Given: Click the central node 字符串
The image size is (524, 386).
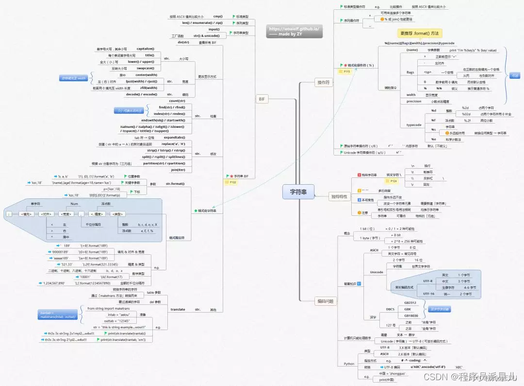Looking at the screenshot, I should [298, 192].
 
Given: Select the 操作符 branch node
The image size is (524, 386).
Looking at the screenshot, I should [323, 83].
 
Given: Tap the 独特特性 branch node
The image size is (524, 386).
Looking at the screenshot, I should [339, 196].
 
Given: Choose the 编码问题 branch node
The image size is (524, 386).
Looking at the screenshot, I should [325, 301].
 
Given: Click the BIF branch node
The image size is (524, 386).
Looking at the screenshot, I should [262, 99].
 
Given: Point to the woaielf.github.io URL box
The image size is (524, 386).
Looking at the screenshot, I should [294, 32].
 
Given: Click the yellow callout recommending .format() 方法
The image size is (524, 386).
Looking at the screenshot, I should [420, 33].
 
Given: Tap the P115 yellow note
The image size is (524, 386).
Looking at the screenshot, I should [347, 71].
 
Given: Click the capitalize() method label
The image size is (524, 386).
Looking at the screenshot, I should [145, 49].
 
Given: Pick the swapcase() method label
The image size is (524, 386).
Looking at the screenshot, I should [146, 68].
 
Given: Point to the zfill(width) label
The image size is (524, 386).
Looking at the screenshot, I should [148, 88].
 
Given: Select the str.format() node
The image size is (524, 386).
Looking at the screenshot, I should [175, 184].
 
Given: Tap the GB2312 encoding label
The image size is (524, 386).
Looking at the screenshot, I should [411, 302].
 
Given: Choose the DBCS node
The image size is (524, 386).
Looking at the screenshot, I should [390, 309].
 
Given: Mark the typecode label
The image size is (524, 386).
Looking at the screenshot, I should [414, 124].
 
